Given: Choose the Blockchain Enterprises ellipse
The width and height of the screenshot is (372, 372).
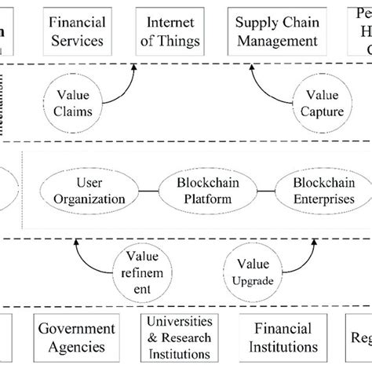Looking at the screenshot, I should coord(312,191).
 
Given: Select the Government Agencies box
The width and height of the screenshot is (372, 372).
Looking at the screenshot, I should coord(77,337).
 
